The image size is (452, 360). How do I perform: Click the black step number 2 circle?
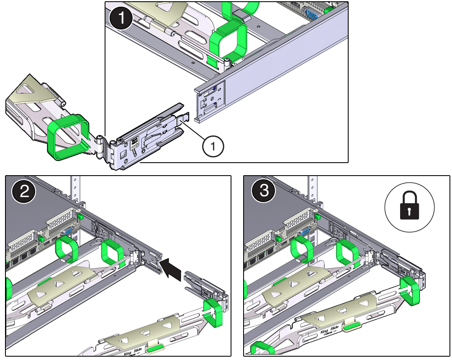click(24, 192)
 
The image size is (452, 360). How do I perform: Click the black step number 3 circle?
click(263, 192)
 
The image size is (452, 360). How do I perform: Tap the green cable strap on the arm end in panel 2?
click(214, 311)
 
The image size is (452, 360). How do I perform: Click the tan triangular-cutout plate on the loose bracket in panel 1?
click(27, 92)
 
